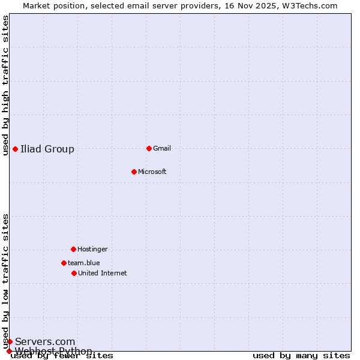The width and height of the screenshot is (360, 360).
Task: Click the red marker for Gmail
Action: (149, 148)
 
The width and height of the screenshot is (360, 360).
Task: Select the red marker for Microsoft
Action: (134, 172)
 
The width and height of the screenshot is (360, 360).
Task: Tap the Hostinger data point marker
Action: (73, 249)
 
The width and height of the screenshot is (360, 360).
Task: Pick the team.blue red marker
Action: (64, 263)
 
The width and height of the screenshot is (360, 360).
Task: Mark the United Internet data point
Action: (74, 273)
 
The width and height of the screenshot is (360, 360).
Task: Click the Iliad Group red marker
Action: (15, 149)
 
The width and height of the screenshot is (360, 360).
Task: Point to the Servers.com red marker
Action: (10, 341)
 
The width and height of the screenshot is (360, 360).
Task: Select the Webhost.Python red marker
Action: (9, 351)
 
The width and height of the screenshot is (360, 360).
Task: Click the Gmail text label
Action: (162, 148)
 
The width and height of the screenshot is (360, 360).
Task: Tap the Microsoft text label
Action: (152, 172)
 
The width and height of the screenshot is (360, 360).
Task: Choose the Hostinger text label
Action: (92, 249)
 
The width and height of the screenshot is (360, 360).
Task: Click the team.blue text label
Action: (84, 263)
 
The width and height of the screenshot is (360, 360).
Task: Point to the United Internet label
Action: (103, 273)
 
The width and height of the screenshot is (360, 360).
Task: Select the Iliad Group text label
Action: (47, 149)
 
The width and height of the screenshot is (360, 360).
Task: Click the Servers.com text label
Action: (45, 341)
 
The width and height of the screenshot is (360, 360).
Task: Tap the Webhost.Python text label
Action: (53, 351)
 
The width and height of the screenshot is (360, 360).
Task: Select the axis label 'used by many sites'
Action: (301, 355)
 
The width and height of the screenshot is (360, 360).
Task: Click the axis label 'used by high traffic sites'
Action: (6, 85)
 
